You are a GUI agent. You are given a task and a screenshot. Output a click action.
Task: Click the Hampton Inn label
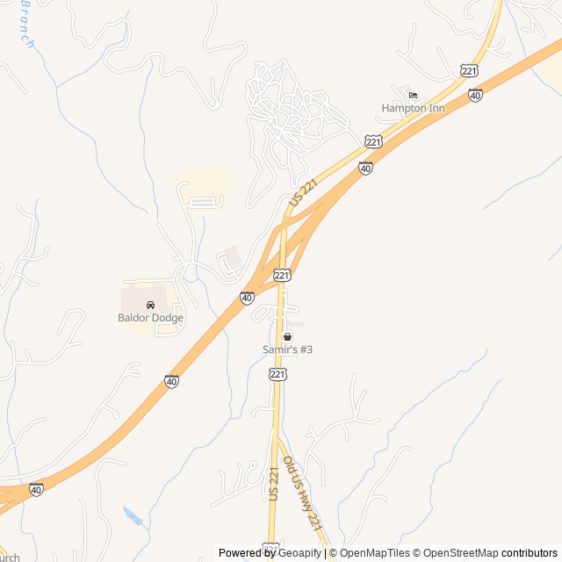pos(413,108)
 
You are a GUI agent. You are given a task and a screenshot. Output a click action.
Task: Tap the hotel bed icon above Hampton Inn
pos(413,96)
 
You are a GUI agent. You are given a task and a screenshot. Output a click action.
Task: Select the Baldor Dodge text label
pos(151,318)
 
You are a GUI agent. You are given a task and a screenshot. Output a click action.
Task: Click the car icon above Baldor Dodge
pos(151,305)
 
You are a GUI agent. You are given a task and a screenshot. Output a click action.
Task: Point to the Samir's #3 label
pos(287,349)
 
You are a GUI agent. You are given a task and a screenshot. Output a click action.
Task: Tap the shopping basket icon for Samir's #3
pos(287,336)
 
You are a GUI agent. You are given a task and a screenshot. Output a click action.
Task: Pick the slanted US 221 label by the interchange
pos(301,193)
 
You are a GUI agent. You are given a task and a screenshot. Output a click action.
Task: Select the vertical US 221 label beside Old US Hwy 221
pos(273,486)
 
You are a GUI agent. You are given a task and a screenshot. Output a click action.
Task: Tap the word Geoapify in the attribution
pos(299,553)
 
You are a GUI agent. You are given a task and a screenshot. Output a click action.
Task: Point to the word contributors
pos(530,553)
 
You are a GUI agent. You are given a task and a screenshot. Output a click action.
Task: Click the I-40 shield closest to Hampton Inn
pos(475,95)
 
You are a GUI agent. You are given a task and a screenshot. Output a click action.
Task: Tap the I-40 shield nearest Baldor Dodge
pos(248,299)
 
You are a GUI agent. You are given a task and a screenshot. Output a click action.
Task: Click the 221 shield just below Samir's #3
pos(277,375)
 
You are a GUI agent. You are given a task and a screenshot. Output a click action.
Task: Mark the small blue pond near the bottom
pos(133,515)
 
